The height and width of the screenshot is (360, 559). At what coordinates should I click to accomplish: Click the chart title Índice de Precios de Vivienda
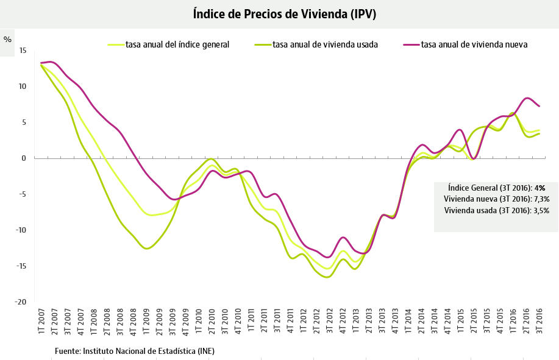(x=284, y=13)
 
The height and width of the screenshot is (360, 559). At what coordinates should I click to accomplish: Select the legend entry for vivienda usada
(x=324, y=44)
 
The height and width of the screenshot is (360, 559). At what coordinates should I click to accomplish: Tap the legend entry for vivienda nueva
(x=474, y=44)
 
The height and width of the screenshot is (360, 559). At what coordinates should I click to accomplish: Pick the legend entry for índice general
(x=177, y=44)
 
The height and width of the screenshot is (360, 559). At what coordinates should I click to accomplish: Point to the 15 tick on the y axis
(x=23, y=51)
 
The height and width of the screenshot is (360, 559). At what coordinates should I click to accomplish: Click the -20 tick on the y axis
(x=21, y=302)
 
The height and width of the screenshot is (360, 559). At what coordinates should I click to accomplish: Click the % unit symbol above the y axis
(x=7, y=40)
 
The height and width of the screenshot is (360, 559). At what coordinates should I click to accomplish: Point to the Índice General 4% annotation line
(x=496, y=188)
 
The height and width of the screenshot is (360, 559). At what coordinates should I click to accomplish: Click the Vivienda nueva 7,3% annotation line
(x=496, y=199)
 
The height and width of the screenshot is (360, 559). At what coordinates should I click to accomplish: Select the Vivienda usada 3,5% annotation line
(x=496, y=210)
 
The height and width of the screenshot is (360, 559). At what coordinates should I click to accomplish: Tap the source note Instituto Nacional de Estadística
(x=134, y=351)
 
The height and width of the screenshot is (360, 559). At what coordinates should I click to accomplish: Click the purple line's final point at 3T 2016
(x=539, y=106)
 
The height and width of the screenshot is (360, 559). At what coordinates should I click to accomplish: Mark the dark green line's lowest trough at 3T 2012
(x=328, y=277)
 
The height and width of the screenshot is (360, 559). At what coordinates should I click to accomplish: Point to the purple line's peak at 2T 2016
(x=527, y=98)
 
